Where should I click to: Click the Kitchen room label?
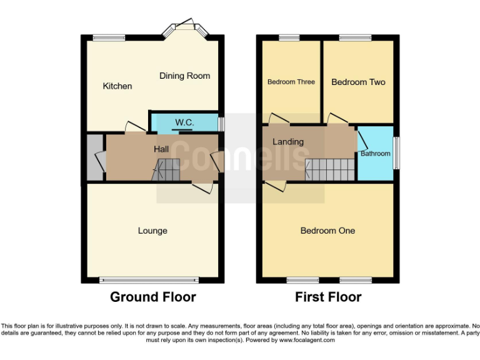117,86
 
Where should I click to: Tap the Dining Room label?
184,76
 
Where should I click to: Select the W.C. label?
183,121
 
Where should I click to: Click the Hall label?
161,149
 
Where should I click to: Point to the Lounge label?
152,231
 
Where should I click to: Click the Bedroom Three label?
291,82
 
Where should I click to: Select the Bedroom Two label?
358,82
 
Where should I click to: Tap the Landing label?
287,142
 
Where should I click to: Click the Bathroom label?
375,154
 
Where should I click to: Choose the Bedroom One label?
327,231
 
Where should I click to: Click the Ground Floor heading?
152,297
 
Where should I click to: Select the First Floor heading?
328,297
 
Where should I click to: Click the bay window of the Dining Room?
184,27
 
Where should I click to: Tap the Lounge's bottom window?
149,279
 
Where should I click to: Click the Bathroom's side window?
396,153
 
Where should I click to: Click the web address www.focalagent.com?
307,341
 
